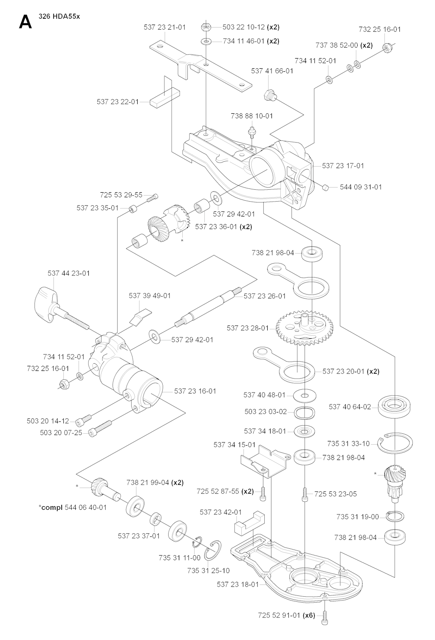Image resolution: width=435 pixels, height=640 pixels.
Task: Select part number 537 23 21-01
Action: [164, 27]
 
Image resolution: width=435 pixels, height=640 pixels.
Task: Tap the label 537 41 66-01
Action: [272, 71]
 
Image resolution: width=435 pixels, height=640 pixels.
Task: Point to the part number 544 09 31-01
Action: [361, 187]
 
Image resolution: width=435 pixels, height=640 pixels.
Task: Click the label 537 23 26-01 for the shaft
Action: [265, 296]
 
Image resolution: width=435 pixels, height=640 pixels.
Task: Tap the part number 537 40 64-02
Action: [350, 407]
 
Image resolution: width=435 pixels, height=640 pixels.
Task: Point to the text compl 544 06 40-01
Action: [73, 507]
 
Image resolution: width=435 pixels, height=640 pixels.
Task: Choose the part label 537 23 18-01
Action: [237, 584]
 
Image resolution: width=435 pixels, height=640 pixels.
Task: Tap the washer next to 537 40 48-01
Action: [305, 396]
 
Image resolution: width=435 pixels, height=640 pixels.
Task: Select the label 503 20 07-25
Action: [61, 433]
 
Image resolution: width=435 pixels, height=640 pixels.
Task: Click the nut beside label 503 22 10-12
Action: [206, 28]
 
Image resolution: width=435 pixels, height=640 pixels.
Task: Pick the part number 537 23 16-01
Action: [195, 391]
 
